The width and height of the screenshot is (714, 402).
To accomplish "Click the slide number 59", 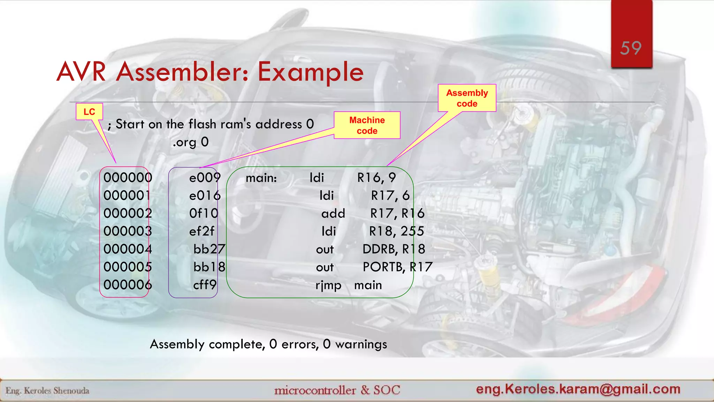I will pyautogui.click(x=631, y=48).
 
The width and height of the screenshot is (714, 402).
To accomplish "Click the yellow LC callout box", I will pyautogui.click(x=89, y=112).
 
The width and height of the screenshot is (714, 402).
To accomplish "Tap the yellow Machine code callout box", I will pyautogui.click(x=367, y=125).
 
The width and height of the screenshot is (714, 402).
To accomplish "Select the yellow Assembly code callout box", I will pyautogui.click(x=467, y=98).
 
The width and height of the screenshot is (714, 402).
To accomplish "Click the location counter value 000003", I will pyautogui.click(x=128, y=231).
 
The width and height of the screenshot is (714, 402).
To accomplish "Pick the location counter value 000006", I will pyautogui.click(x=128, y=285).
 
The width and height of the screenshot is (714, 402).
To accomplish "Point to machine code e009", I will pyautogui.click(x=205, y=178).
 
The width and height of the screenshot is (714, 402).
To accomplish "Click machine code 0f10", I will pyautogui.click(x=204, y=213).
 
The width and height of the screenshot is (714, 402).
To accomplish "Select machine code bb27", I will pyautogui.click(x=209, y=249).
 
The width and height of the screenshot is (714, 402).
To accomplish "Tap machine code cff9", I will pyautogui.click(x=205, y=285).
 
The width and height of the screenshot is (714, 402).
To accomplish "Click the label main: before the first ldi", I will pyautogui.click(x=261, y=178).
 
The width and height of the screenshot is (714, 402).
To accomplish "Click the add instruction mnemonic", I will pyautogui.click(x=333, y=214).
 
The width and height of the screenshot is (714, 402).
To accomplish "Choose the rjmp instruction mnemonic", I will pyautogui.click(x=328, y=285).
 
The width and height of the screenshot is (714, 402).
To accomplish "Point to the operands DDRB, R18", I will pyautogui.click(x=394, y=249).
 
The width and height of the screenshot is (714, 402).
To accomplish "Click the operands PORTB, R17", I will pyautogui.click(x=397, y=267).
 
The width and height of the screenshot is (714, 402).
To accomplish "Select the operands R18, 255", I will pyautogui.click(x=396, y=231).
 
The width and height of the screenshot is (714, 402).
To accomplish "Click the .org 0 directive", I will pyautogui.click(x=190, y=142).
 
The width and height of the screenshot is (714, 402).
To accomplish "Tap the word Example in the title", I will pyautogui.click(x=310, y=72).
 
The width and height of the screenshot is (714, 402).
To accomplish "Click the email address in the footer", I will pyautogui.click(x=578, y=389).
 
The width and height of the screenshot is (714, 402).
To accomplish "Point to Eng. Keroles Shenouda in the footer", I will pyautogui.click(x=47, y=390).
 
